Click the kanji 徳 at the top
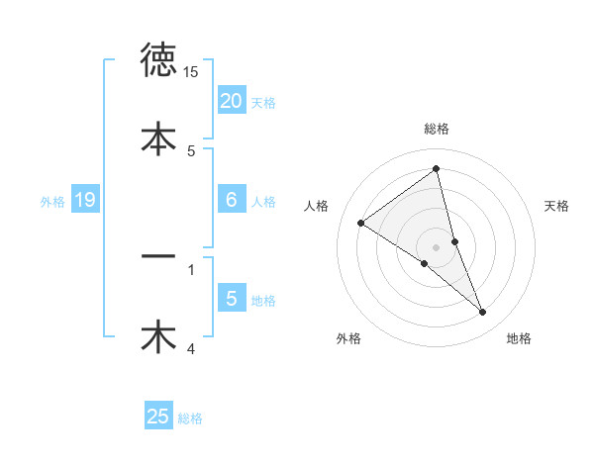point(159,61)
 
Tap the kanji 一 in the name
point(159,257)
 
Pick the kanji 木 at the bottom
point(159,335)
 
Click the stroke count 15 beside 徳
point(191,72)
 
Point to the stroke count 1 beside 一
point(191,268)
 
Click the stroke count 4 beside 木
point(191,347)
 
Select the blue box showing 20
point(231,101)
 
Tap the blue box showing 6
point(231,200)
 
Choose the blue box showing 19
point(85,201)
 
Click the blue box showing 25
point(158,417)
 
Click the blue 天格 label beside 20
point(264,102)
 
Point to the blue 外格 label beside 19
point(52,202)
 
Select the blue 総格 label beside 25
point(190,418)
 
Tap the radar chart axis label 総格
point(437,129)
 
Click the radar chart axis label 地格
point(519,339)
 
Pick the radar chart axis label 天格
point(556,206)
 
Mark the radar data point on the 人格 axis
point(360,223)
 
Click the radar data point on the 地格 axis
point(483,312)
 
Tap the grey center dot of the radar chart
point(437,246)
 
